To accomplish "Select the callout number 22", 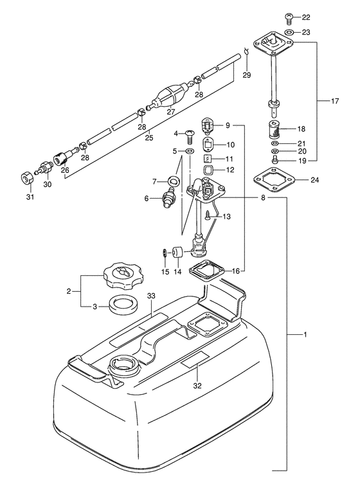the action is [x=306, y=17].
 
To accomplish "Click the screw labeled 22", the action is [x=289, y=17].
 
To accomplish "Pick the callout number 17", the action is [x=334, y=101].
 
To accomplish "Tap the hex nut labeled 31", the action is [x=25, y=179].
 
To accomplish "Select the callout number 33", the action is [x=150, y=296].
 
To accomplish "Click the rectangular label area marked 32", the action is [x=195, y=360].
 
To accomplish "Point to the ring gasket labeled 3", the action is [x=123, y=306].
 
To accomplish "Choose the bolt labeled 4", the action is [x=189, y=136].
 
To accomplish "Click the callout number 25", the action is [x=149, y=138].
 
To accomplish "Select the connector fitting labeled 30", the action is [x=45, y=169].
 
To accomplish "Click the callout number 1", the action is [x=305, y=334].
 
